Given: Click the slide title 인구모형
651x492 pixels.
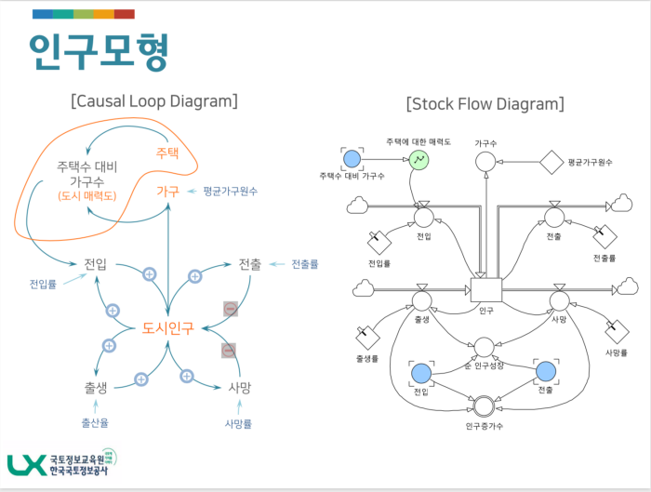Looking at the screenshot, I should tap(100, 54).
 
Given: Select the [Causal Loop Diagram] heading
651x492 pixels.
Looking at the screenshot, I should tap(153, 100).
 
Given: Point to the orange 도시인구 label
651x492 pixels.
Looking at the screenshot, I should tap(168, 327).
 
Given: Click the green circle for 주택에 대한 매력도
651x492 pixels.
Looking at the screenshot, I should tap(419, 160).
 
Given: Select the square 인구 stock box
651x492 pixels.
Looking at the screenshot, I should tap(485, 290).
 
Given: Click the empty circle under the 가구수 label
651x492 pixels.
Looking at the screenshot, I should tap(485, 162).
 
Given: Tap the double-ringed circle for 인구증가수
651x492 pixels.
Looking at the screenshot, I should tap(484, 406).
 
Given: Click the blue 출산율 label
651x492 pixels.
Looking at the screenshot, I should tap(96, 423).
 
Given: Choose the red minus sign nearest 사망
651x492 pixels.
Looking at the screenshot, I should tap(228, 351).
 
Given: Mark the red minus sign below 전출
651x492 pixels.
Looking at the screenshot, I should tap(230, 308).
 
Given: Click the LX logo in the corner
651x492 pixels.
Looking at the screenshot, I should tap(28, 466).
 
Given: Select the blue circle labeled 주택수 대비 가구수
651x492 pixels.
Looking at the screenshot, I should tap(352, 160).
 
